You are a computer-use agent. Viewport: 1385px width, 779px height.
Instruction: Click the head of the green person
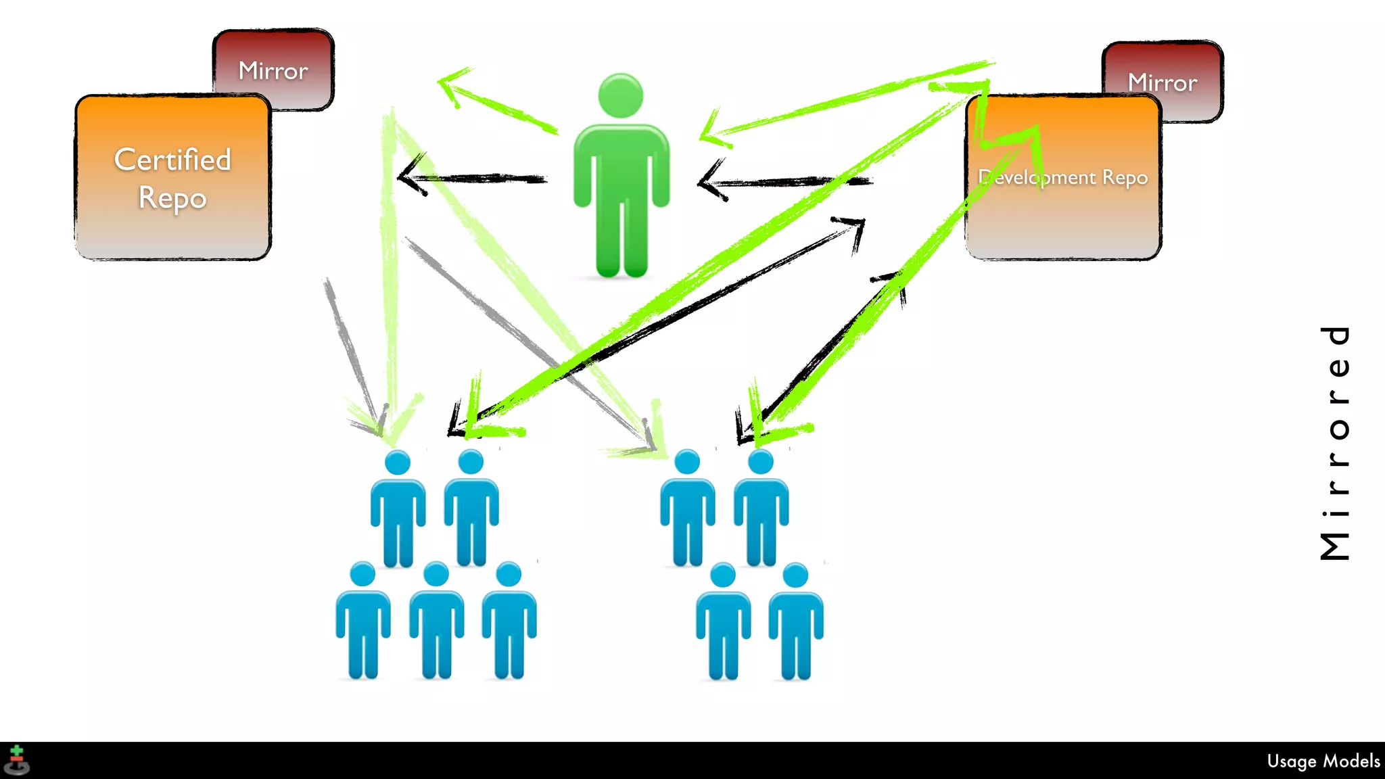(620, 95)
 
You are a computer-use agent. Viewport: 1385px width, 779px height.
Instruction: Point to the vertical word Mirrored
(1335, 443)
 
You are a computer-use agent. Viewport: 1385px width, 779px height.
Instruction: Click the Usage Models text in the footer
(1323, 761)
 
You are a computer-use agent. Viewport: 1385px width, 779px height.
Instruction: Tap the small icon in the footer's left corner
(16, 760)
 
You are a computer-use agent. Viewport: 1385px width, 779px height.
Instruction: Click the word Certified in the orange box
(172, 160)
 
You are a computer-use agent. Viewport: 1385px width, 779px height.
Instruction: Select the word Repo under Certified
(172, 198)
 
